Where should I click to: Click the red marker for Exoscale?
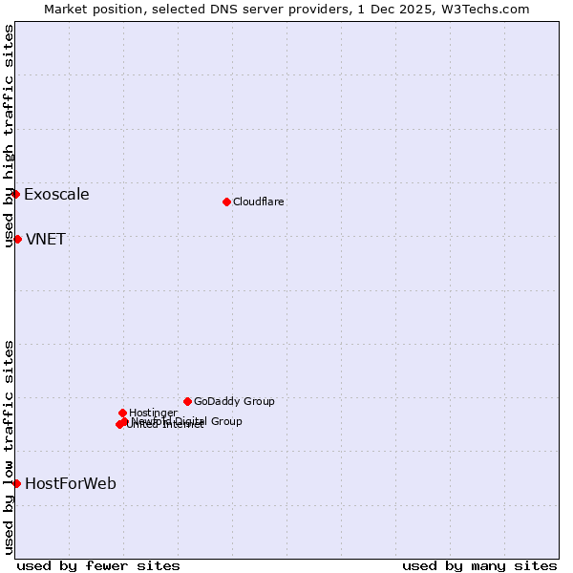point(16,194)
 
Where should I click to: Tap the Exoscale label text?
point(56,195)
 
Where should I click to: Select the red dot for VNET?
point(17,239)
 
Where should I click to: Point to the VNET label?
point(46,240)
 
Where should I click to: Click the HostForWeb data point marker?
point(17,483)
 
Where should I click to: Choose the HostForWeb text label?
point(71,484)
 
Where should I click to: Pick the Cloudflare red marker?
point(226,202)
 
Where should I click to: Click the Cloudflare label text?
point(259,202)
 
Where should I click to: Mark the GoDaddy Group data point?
point(187,401)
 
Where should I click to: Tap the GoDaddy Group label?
point(234,402)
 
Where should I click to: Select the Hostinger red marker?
point(122,413)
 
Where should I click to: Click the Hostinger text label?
point(153,414)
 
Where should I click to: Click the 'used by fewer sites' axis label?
point(98,566)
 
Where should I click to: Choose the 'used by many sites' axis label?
point(479,566)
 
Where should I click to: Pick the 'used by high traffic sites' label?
point(9,136)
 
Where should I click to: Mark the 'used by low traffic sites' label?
point(9,447)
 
